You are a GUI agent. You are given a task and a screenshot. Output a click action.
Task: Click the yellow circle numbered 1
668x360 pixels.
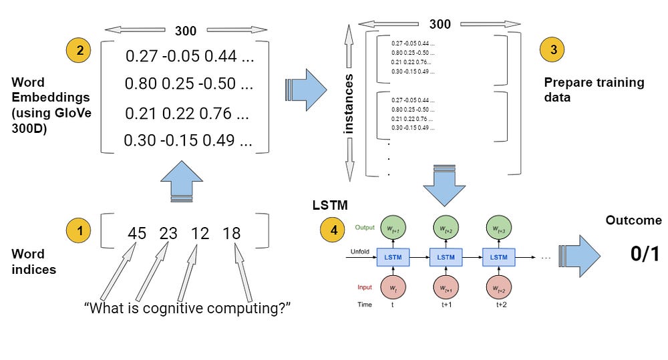(79, 232)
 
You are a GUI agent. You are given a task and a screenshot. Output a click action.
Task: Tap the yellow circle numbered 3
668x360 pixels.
(552, 49)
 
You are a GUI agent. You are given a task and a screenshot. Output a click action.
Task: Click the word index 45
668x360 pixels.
(137, 234)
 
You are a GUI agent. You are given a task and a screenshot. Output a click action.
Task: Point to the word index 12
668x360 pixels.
(199, 234)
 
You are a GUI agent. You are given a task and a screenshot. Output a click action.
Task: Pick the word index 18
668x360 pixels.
(231, 234)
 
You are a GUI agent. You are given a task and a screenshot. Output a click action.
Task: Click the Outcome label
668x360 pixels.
(633, 220)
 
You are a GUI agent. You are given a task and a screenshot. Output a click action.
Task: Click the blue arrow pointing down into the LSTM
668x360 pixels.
(444, 184)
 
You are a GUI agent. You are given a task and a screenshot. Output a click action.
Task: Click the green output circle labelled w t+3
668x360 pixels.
(499, 228)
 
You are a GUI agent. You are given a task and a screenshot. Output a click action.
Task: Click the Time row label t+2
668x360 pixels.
(502, 305)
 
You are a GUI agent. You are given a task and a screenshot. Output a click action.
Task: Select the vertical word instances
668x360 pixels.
(349, 104)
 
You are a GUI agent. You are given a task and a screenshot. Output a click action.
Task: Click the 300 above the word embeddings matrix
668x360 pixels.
(186, 31)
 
